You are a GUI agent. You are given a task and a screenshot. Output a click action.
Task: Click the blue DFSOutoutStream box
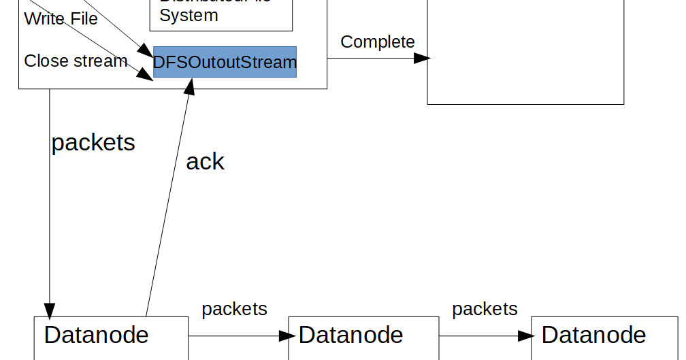[225, 62]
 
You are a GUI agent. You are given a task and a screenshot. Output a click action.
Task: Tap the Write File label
[61, 18]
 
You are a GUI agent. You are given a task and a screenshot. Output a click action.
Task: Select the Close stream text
[76, 61]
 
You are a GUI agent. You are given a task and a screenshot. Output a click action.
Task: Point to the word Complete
[377, 42]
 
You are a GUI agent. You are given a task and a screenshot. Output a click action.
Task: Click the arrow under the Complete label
[374, 59]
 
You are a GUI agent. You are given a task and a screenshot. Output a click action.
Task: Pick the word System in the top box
[189, 15]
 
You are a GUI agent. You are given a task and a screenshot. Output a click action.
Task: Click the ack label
[205, 161]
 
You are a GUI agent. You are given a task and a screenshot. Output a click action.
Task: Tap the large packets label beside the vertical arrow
[93, 142]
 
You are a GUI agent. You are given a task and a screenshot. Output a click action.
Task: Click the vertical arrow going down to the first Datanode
[50, 204]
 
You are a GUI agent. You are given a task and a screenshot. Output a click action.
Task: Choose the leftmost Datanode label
[96, 335]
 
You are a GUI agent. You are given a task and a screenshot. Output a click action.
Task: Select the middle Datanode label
[350, 335]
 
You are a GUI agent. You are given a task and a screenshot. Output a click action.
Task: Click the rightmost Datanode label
[593, 335]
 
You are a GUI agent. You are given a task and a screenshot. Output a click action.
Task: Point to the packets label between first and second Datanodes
[234, 309]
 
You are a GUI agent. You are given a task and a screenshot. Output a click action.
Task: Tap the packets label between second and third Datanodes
[485, 309]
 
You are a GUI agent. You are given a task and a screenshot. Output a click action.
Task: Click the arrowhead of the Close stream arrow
[146, 74]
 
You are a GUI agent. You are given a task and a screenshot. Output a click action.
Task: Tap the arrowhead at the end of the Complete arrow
[423, 59]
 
